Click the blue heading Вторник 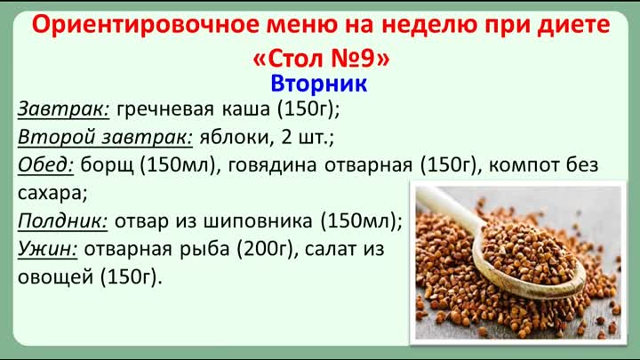point(319,84)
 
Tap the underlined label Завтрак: point(63,109)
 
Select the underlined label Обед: point(45,165)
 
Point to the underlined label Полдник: point(62,221)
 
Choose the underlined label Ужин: point(47,250)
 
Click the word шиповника point(258,222)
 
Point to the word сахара point(51,194)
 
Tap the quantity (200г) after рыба point(265,250)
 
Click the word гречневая point(165,109)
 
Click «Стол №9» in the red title point(321,59)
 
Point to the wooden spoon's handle point(449,209)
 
